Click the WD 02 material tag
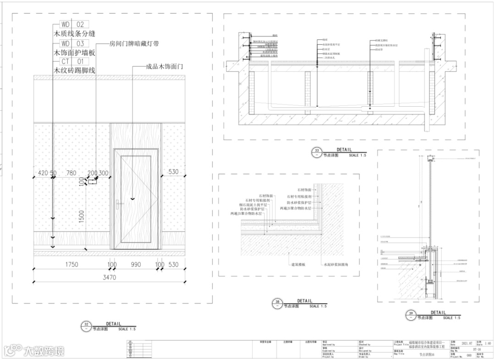71,24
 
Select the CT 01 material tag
71,61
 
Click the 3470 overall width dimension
109,278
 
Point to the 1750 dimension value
71,265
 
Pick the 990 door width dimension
136,265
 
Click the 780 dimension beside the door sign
71,173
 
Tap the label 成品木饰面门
164,67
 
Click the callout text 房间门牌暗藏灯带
134,44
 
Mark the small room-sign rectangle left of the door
92,181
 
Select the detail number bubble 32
86,326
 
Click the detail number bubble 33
316,152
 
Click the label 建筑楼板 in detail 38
298,265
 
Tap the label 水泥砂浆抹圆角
337,265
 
